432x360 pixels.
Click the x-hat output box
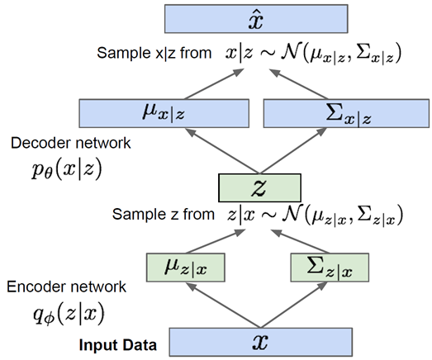tap(256, 19)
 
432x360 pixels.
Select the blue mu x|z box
tap(164, 113)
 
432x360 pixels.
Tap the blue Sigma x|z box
tap(346, 113)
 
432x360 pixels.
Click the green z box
tap(259, 188)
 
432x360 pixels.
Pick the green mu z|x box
tap(186, 268)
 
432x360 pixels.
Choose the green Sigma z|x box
tap(330, 268)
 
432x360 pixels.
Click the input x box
tap(261, 342)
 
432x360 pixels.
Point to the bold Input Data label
tap(118, 345)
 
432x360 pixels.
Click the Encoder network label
tap(66, 287)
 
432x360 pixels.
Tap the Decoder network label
tap(70, 143)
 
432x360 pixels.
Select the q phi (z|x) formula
tap(69, 314)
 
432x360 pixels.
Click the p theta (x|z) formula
tap(67, 168)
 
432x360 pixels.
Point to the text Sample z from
tap(164, 214)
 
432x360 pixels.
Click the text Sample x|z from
tap(154, 53)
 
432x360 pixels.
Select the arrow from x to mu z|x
tap(224, 306)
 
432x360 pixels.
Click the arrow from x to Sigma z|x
tap(294, 306)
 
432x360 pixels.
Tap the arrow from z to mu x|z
tap(223, 151)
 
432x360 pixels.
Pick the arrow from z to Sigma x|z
tap(293, 151)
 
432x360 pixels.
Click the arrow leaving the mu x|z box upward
tap(214, 83)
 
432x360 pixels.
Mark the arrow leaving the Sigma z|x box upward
tap(300, 241)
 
